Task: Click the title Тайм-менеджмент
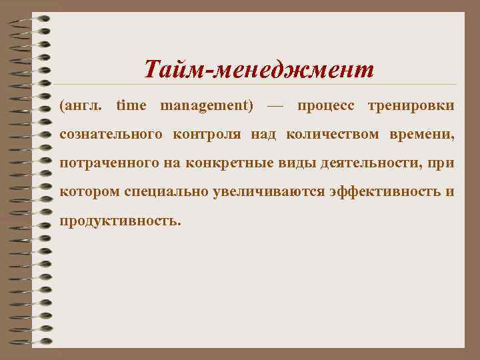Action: (259, 69)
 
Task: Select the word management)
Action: (207, 105)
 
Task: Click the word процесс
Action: (325, 105)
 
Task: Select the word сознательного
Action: (111, 134)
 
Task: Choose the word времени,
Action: (419, 134)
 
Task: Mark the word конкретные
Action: (215, 163)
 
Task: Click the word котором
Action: (90, 191)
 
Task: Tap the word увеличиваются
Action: (269, 191)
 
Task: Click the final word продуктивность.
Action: (120, 220)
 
